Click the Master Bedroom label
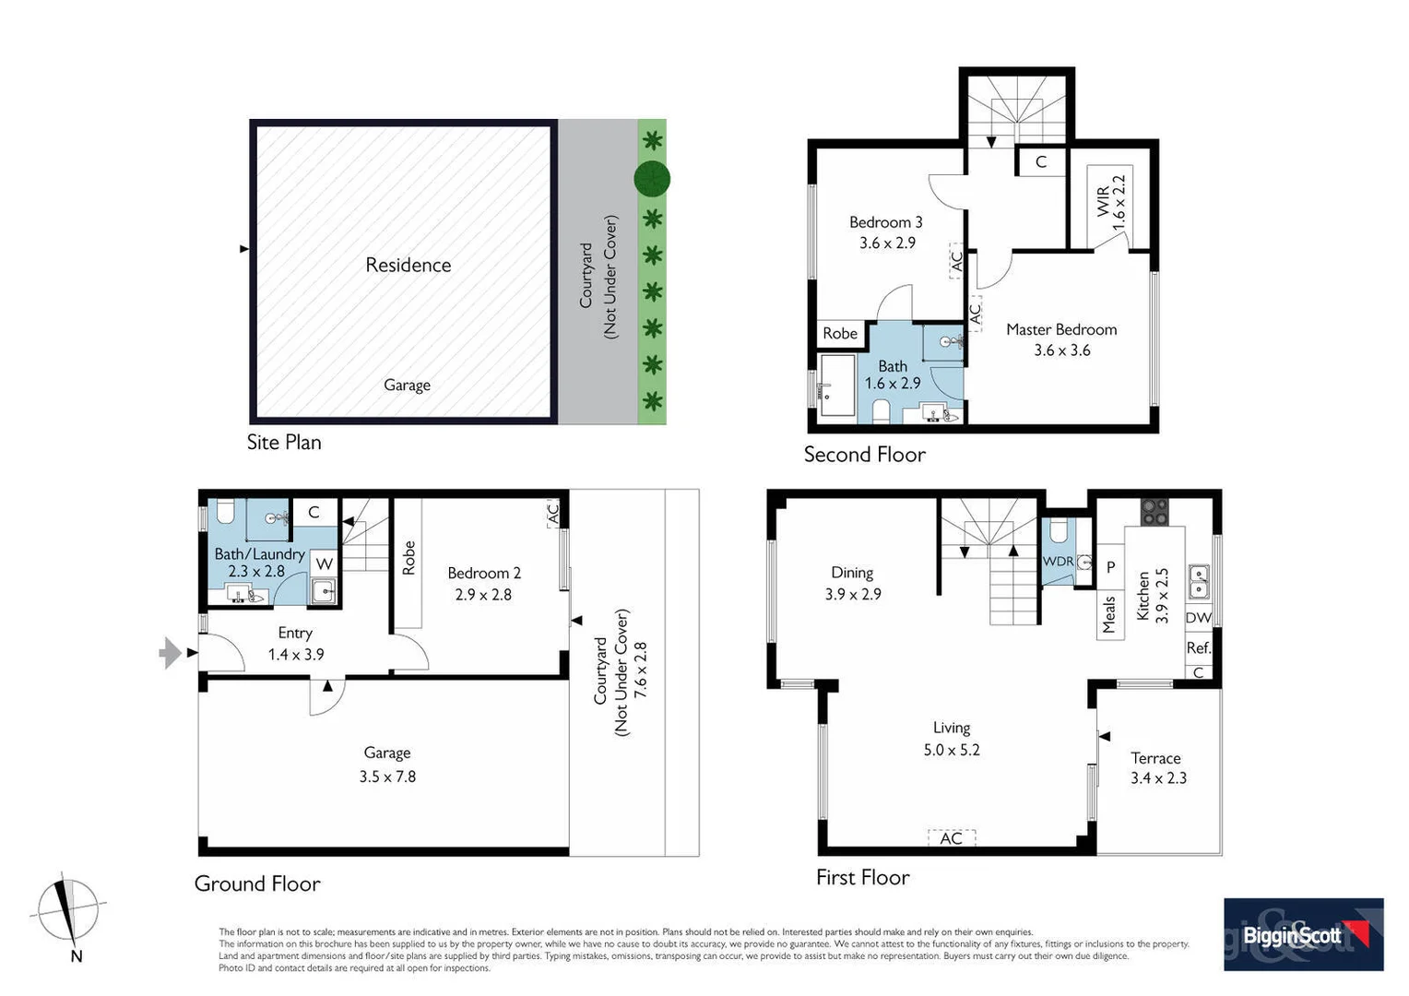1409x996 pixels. (1060, 329)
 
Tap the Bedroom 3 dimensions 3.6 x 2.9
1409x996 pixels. (887, 243)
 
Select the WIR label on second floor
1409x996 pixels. (1104, 202)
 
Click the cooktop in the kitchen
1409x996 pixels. (1154, 511)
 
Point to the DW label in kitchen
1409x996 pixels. (1198, 618)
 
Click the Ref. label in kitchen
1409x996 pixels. (1198, 648)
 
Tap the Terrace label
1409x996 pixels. (1155, 758)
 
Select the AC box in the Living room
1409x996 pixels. (951, 837)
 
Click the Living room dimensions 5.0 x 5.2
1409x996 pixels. (952, 750)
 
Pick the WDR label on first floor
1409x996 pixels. (1057, 561)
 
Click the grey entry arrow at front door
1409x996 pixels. (170, 652)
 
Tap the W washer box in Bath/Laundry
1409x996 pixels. (324, 563)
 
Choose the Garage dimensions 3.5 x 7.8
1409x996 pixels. (387, 777)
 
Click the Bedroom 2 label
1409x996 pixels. (484, 573)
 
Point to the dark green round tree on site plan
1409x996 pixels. (651, 179)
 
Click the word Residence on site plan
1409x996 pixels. (408, 266)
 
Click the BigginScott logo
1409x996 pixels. (1303, 934)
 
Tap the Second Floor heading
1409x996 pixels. (864, 455)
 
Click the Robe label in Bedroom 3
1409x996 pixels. (839, 334)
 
